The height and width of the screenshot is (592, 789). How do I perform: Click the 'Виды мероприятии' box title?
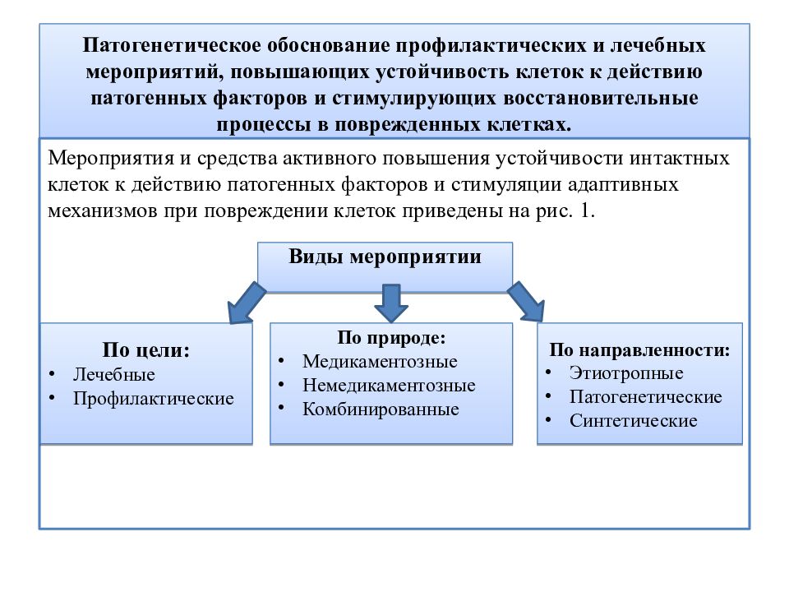385,257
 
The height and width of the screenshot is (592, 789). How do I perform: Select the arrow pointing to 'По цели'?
247,303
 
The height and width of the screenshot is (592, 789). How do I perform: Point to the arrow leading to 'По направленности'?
526,302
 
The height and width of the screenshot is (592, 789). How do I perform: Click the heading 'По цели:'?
146,349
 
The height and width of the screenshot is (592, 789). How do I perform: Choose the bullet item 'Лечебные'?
114,374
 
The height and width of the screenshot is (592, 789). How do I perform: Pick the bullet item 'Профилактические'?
154,398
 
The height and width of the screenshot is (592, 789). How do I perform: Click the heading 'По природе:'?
391,337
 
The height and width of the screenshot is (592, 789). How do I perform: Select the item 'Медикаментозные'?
380,361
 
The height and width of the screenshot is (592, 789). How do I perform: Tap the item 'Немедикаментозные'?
389,385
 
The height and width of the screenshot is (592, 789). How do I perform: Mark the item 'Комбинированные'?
381,409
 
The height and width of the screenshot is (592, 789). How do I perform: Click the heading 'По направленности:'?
639,349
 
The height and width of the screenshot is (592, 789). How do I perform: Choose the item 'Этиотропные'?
626,373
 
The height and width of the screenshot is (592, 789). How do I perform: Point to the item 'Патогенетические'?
646,396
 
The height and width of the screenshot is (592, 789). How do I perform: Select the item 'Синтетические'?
634,420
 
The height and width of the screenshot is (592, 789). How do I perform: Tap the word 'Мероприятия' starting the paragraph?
110,159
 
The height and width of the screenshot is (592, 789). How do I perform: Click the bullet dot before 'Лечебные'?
52,373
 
